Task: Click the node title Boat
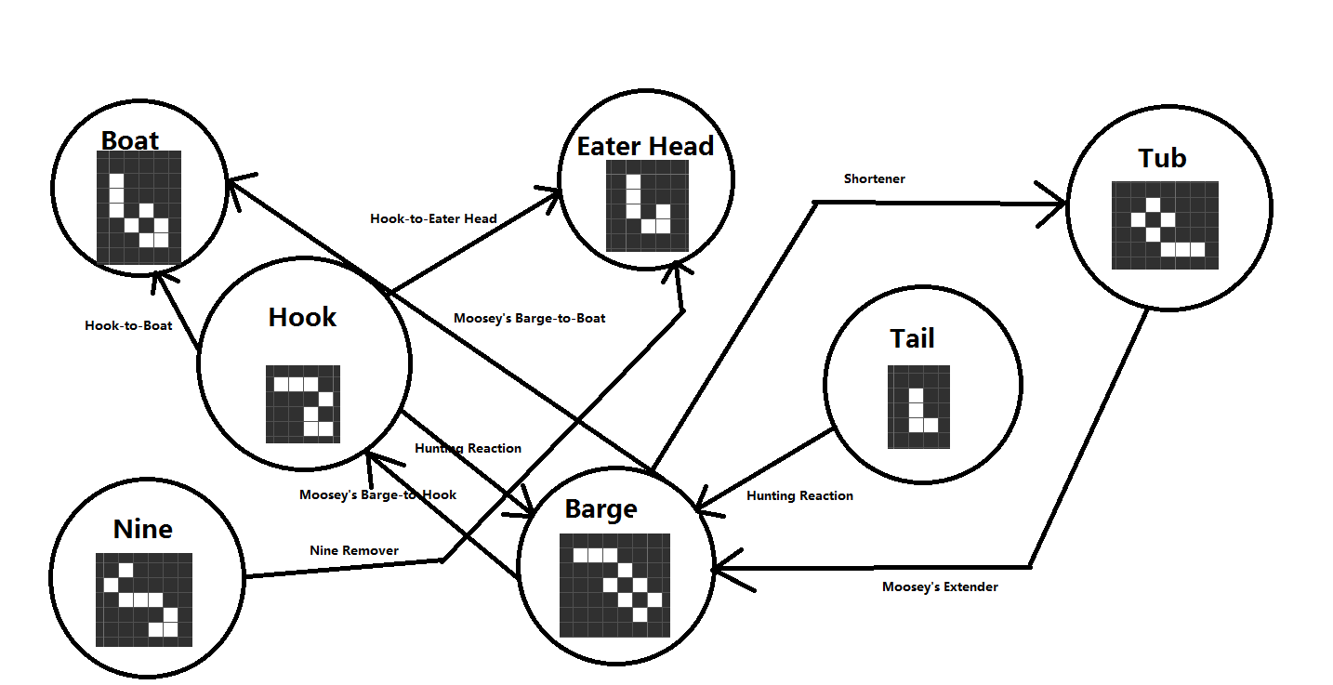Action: [129, 140]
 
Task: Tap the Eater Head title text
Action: [645, 146]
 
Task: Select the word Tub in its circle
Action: [1162, 158]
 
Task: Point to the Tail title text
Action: [912, 338]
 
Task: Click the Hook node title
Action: [302, 317]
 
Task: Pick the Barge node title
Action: [601, 509]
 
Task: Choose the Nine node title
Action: [142, 529]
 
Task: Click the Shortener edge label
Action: [874, 178]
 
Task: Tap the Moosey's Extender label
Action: [940, 586]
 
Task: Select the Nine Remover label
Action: [354, 550]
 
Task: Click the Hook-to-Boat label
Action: [128, 325]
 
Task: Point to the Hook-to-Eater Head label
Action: [433, 218]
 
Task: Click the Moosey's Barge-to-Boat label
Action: [529, 318]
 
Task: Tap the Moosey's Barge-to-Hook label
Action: [377, 494]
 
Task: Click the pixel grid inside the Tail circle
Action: [919, 406]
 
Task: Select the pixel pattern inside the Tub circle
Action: [1165, 225]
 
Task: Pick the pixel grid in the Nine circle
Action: [144, 599]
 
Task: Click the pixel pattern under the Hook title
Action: [303, 403]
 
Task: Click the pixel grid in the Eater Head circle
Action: [647, 205]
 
